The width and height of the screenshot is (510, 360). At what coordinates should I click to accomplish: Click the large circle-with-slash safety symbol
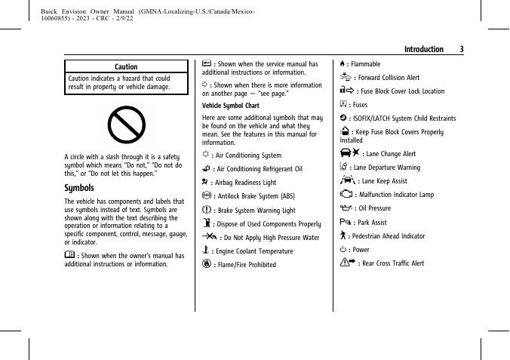pos(126,124)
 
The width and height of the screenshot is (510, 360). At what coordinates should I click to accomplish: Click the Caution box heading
pos(126,67)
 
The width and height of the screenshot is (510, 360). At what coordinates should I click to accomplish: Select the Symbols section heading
pos(79,188)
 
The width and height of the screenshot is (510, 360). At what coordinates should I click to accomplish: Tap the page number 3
pos(462,49)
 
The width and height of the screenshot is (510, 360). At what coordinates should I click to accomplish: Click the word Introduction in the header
pos(423,49)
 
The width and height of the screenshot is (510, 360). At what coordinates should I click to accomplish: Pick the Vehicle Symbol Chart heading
pos(226,106)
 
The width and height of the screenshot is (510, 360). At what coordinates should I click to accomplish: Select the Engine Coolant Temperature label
pos(255,251)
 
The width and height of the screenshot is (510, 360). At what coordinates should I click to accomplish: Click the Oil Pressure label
pos(373,208)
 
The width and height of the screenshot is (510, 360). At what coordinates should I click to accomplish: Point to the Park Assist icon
pos(346,222)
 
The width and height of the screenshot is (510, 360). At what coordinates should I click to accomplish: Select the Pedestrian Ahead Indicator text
pos(386,236)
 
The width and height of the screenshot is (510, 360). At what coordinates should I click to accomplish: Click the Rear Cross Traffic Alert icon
pos(349,263)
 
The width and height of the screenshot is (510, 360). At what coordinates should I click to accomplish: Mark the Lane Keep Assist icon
pos(348,180)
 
